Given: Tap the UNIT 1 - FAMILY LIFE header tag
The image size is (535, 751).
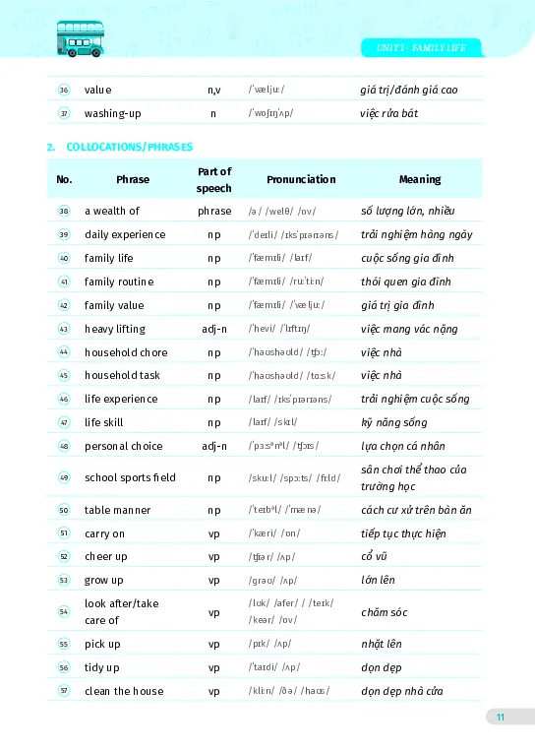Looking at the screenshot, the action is [421, 47].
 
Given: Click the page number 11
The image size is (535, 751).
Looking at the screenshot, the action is [500, 717].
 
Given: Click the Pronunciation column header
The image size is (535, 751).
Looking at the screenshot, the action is [301, 179].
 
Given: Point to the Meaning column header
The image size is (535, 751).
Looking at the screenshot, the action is [420, 179].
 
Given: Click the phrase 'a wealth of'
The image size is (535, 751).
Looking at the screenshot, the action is [112, 211].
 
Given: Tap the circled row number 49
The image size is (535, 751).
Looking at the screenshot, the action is [64, 477].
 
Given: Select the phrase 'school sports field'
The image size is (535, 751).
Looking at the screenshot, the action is [130, 477].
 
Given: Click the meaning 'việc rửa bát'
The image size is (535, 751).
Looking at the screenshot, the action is [388, 113].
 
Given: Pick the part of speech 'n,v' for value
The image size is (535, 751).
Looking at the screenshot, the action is [213, 90].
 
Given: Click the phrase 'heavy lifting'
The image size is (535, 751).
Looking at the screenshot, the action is [115, 329].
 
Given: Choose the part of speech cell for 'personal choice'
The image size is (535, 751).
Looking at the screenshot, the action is [213, 446].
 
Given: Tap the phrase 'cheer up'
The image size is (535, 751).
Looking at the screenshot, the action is [105, 556].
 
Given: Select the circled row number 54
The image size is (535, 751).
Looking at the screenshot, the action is [64, 611].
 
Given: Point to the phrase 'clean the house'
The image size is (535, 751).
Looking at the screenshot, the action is [124, 691].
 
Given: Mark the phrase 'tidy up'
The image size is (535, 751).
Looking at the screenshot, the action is [102, 667].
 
